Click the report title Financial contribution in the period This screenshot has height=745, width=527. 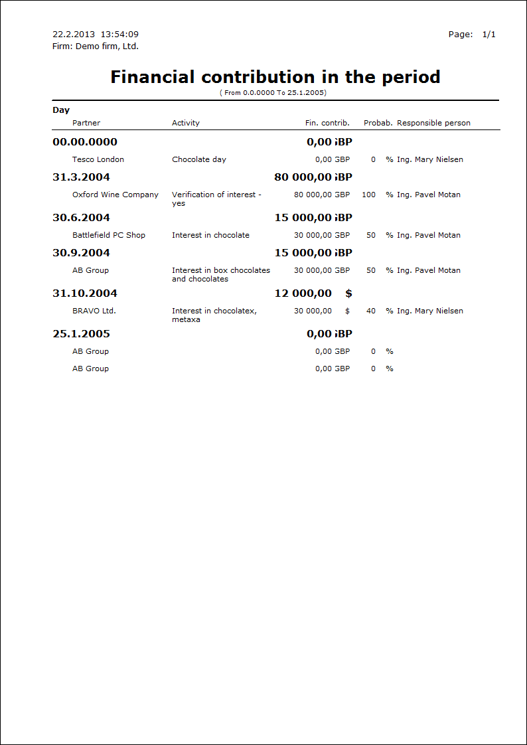coord(275,77)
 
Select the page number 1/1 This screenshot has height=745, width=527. coord(489,35)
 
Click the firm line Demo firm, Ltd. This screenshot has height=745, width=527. coord(96,46)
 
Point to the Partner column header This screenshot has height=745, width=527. coord(86,123)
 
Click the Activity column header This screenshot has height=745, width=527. coord(186,123)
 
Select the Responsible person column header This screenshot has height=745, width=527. coord(433,123)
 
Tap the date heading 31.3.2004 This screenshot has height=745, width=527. coord(82,177)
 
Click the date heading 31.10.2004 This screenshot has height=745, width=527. coord(85,293)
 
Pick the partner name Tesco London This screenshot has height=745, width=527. coord(98,159)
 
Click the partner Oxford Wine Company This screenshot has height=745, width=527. coord(115,195)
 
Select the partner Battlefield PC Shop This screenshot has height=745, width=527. coord(109,235)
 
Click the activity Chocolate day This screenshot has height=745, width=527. coord(199,159)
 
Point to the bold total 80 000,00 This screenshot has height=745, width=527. coord(303,177)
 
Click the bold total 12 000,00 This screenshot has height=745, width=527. coord(303,293)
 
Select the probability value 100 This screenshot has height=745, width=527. coord(368,195)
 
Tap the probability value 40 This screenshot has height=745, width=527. coord(371,311)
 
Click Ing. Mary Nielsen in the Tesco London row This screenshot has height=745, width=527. coord(430,159)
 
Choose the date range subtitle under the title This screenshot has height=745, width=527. coord(273,93)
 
